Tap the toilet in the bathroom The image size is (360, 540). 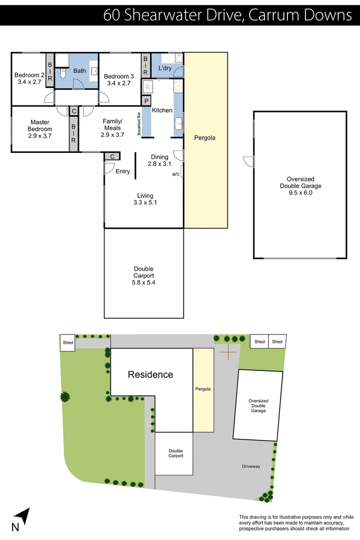[x=62, y=74]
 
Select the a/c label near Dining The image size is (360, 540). [x=175, y=174]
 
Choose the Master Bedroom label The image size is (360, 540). [x=40, y=128]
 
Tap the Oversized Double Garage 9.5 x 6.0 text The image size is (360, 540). [x=300, y=185]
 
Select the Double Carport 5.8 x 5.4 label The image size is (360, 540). [x=143, y=275]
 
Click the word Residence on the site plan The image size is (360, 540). [x=150, y=374]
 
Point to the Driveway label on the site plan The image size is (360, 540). [x=251, y=466]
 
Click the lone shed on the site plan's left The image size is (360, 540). [x=67, y=342]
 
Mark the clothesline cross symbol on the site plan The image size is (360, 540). [x=229, y=352]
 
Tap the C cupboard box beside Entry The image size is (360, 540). [x=112, y=156]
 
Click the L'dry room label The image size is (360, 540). [x=165, y=68]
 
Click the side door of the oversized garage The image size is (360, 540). [x=248, y=161]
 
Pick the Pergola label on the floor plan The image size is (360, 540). [x=205, y=137]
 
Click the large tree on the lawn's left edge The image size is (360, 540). [x=64, y=397]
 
